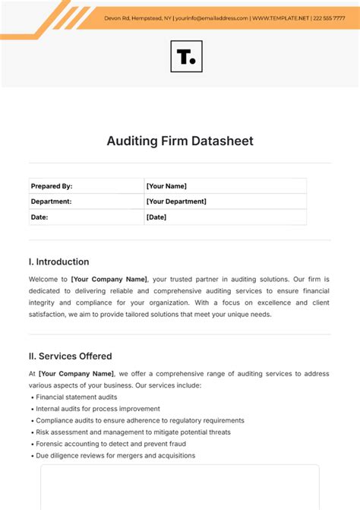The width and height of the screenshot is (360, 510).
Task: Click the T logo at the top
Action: pos(185,56)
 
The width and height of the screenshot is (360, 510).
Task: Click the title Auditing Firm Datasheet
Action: pos(180,141)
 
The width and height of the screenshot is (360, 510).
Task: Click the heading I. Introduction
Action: pos(58,261)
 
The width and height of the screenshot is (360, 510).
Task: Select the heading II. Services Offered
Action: pos(70,356)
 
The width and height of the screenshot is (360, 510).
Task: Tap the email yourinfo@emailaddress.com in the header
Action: pos(211,17)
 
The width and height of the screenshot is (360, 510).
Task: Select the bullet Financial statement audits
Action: pos(78,397)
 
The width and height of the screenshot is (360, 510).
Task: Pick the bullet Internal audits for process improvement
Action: pos(98,408)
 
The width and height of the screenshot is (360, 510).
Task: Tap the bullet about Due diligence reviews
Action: pos(115,455)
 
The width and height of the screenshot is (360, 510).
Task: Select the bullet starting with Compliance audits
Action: pos(140,420)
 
